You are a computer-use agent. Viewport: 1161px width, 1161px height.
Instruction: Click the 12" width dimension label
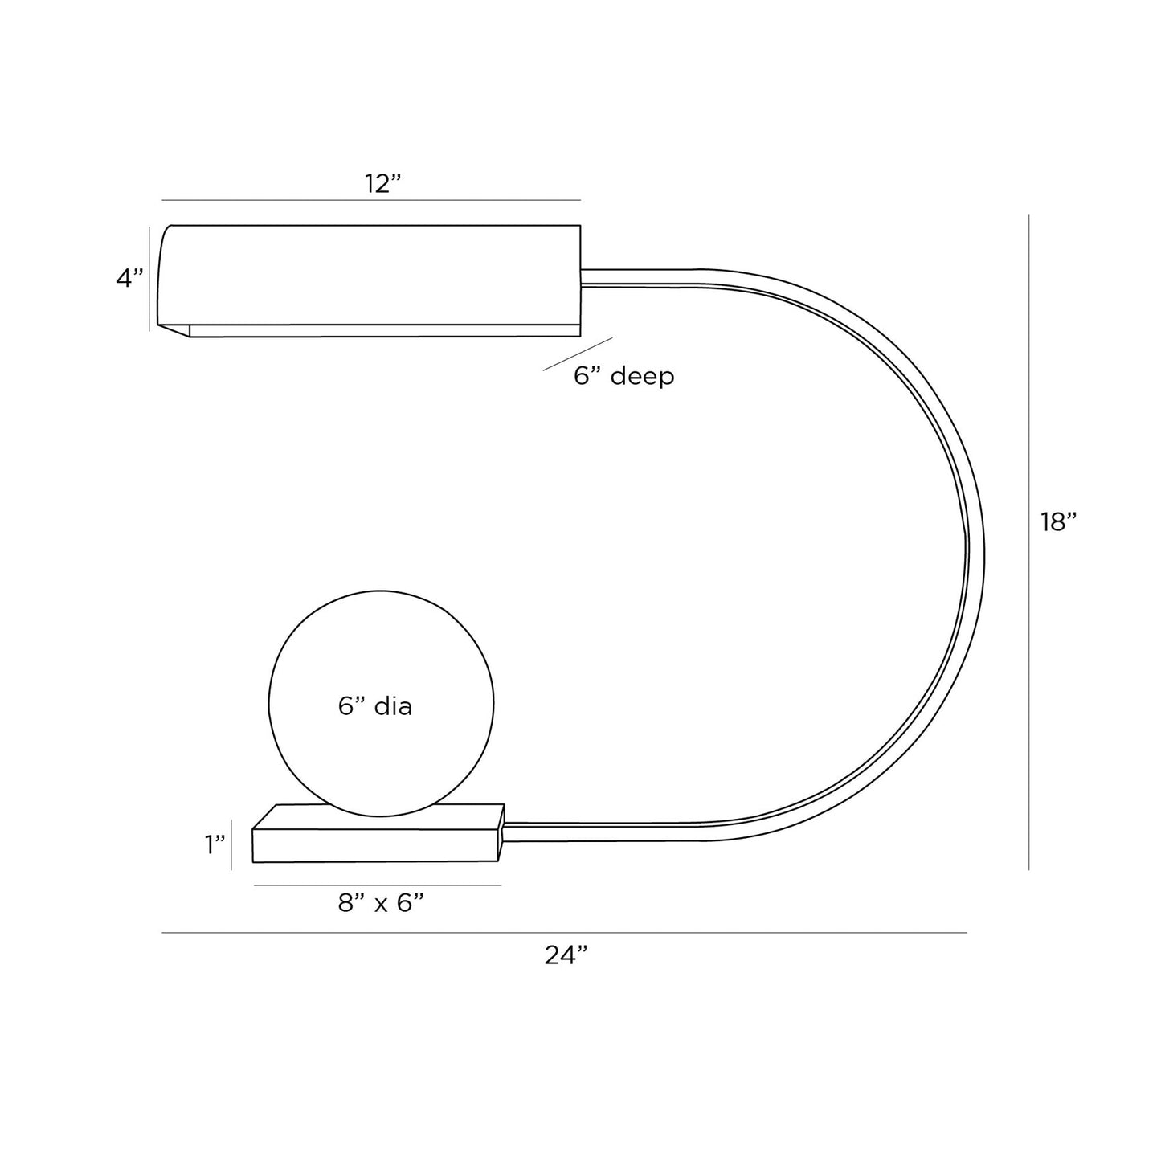pyautogui.click(x=382, y=183)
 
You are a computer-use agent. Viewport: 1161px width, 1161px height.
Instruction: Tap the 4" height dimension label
pyautogui.click(x=129, y=278)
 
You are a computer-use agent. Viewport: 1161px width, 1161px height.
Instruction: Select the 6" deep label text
pyautogui.click(x=624, y=375)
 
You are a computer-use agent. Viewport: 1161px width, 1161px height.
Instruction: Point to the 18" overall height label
pyautogui.click(x=1058, y=522)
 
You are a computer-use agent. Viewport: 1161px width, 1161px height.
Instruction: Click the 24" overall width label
pyautogui.click(x=566, y=955)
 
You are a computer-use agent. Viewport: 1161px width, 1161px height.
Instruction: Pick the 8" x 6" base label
pyautogui.click(x=381, y=903)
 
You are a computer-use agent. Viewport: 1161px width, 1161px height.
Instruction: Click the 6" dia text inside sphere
pyautogui.click(x=375, y=706)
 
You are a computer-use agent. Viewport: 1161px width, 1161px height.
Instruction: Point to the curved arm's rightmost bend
pyautogui.click(x=975, y=554)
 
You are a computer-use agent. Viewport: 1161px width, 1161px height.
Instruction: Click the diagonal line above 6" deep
pyautogui.click(x=578, y=354)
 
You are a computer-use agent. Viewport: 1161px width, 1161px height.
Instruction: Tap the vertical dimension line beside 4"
pyautogui.click(x=149, y=278)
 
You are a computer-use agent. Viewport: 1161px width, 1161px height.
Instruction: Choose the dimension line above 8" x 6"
pyautogui.click(x=378, y=885)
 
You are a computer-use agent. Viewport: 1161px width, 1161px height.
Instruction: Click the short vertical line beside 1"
pyautogui.click(x=231, y=844)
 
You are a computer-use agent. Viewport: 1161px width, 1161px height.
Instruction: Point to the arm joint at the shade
pyautogui.click(x=585, y=276)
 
